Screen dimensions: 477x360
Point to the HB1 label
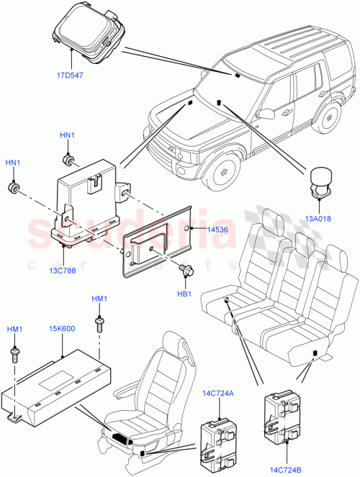(x=184, y=294)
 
